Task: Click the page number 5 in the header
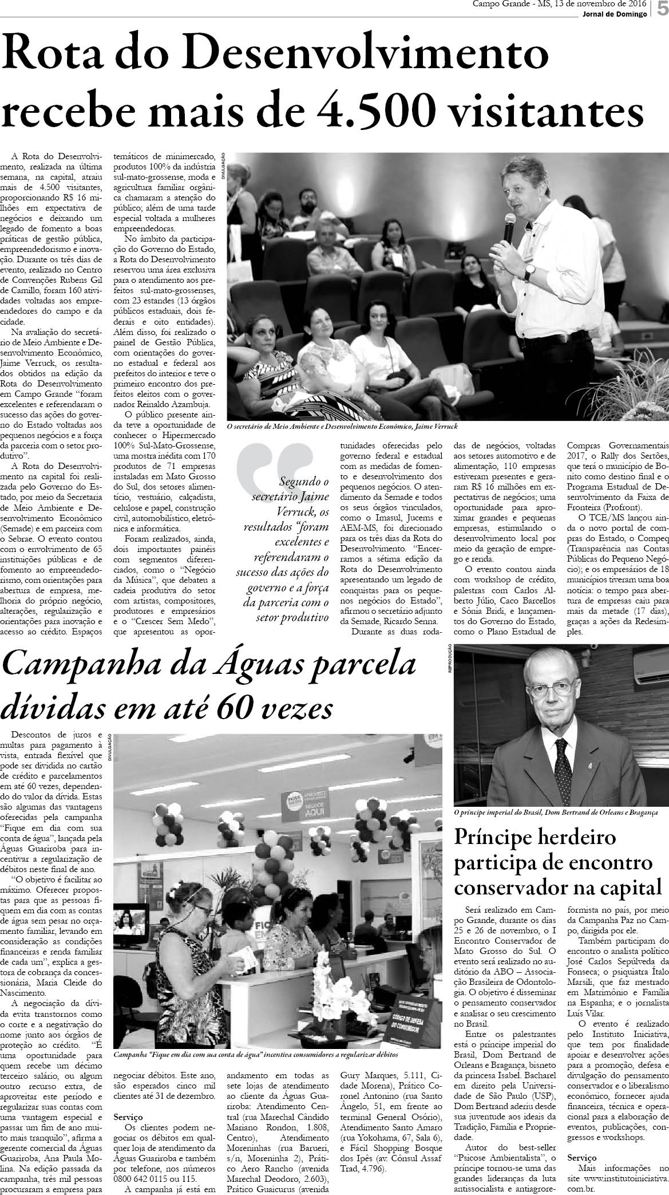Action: click(662, 10)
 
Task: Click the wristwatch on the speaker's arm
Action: click(530, 270)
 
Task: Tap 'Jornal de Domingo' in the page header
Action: click(613, 14)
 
